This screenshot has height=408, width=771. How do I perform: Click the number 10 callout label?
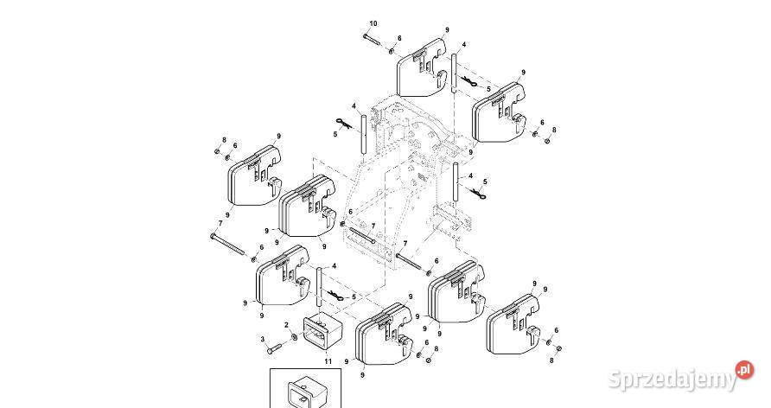click(373, 23)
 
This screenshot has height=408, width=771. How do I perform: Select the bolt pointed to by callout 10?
click(373, 39)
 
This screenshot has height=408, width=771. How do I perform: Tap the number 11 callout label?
click(328, 362)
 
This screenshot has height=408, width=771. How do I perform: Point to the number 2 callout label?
click(287, 325)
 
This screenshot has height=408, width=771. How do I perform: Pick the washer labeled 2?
click(294, 337)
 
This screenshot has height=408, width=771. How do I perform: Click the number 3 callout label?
click(263, 339)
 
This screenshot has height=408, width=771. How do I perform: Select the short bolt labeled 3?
click(274, 349)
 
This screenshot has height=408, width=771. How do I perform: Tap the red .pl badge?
click(744, 370)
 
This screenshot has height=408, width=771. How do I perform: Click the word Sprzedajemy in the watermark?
click(672, 379)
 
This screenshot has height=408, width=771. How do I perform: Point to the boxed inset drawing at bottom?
click(305, 388)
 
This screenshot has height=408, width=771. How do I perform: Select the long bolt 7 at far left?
click(227, 245)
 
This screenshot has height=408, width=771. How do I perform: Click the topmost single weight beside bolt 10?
click(423, 68)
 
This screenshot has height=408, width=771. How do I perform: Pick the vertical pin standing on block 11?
click(319, 292)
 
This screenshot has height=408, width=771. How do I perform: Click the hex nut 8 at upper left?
click(217, 151)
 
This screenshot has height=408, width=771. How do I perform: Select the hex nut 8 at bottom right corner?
click(558, 348)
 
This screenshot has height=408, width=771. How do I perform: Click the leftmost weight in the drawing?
click(254, 175)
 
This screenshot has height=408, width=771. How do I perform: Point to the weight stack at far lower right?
click(513, 324)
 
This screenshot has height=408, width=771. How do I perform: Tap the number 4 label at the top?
click(463, 45)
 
